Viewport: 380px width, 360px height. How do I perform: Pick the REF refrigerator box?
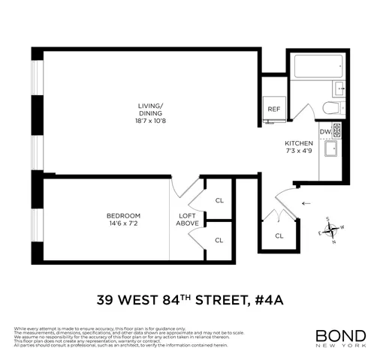point(274,109)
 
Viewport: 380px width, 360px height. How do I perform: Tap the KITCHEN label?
point(298,143)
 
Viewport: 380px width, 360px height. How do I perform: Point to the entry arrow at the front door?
point(306,202)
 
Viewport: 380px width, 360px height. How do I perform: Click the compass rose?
point(331,230)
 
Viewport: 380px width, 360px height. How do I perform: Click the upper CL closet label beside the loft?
point(219,200)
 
